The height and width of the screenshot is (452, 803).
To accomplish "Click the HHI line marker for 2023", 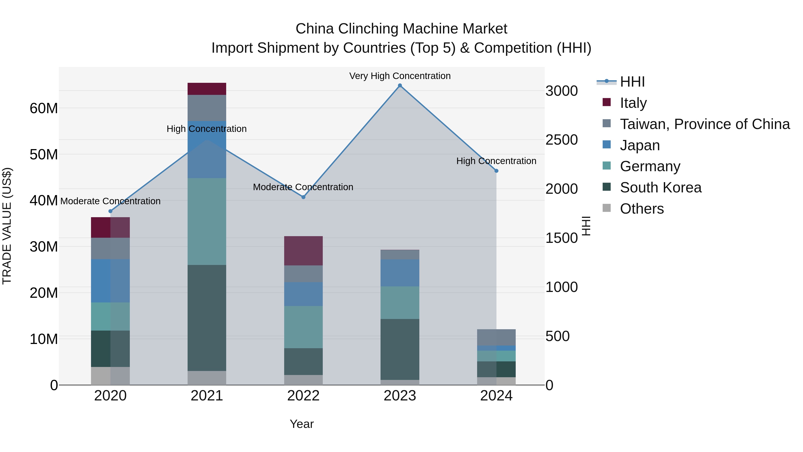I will (400, 85).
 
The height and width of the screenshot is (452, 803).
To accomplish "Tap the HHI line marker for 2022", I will (303, 197).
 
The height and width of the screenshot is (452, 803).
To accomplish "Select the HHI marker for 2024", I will (497, 171).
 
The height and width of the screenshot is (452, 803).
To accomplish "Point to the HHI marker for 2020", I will (110, 211).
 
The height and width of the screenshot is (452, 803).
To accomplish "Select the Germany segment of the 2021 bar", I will (207, 221).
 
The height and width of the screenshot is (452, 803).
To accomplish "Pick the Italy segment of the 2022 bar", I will (303, 251).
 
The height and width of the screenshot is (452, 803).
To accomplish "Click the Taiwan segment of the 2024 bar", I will (497, 337).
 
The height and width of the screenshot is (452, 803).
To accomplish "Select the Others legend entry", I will (642, 209).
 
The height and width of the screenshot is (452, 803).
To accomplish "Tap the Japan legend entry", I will (640, 145).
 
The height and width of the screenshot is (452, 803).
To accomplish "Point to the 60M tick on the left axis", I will (44, 108).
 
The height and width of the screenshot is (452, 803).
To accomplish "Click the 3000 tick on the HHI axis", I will (561, 91).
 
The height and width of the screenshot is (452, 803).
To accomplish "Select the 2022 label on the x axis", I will (303, 396).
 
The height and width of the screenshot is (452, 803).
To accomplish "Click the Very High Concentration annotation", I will (400, 76).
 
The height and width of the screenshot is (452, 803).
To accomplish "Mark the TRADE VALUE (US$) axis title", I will (7, 226).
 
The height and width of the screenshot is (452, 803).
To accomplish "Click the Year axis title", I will (301, 424).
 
